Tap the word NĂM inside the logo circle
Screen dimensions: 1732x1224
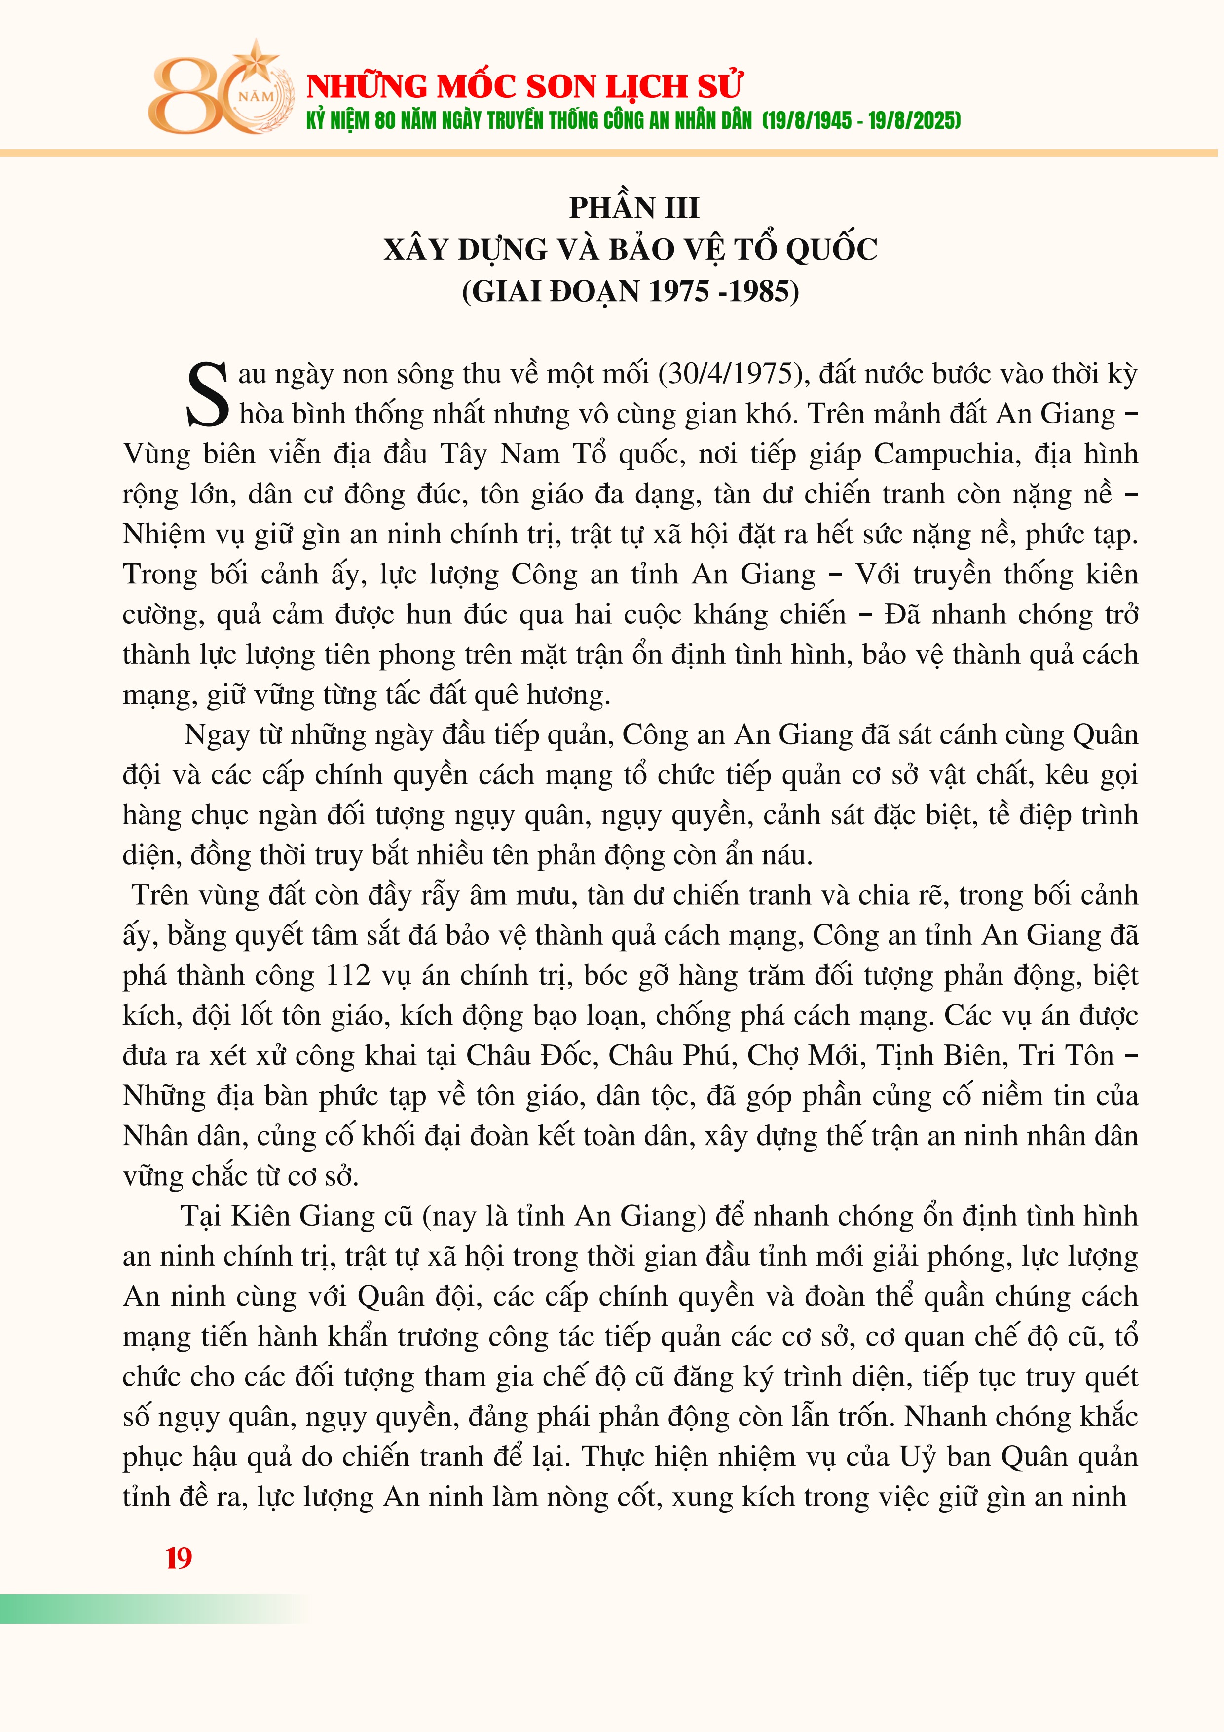257,97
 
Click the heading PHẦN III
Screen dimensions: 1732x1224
633,207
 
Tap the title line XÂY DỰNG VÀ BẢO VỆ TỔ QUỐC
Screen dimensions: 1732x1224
631,250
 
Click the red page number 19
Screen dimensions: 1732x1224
179,1558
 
